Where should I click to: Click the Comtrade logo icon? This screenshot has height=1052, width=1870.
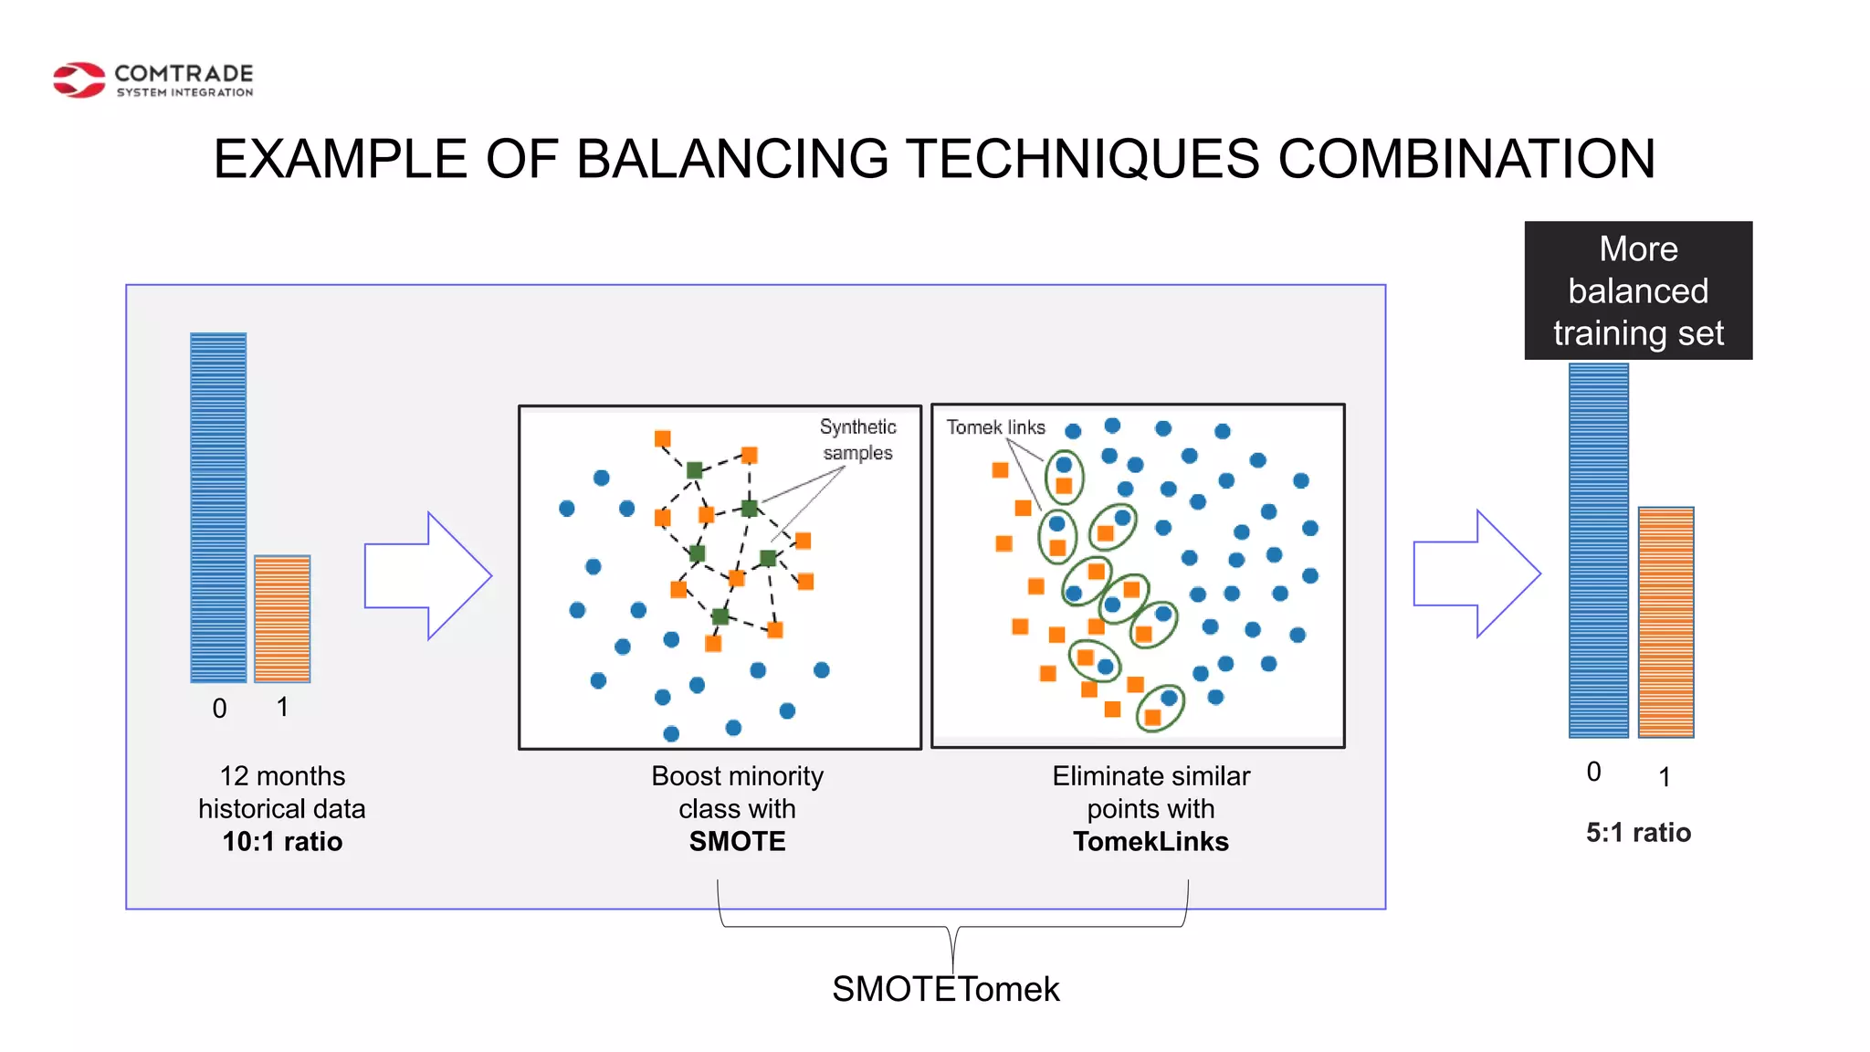pyautogui.click(x=79, y=80)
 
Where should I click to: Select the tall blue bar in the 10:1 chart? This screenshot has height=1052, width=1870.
pyautogui.click(x=218, y=507)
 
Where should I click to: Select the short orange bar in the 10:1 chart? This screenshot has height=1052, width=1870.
pyautogui.click(x=282, y=618)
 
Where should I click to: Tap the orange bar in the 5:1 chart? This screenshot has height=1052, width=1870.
pyautogui.click(x=1665, y=622)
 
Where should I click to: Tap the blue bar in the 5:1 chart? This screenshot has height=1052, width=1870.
pyautogui.click(x=1598, y=550)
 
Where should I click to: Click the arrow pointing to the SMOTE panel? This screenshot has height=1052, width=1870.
pyautogui.click(x=427, y=575)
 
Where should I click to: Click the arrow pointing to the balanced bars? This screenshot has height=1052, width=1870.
pyautogui.click(x=1476, y=573)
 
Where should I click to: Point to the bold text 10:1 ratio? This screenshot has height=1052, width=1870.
pyautogui.click(x=282, y=841)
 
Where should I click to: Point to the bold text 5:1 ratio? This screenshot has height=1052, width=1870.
pyautogui.click(x=1638, y=833)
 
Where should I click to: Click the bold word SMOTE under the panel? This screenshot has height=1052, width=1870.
pyautogui.click(x=737, y=841)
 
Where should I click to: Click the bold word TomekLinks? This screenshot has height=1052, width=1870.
pyautogui.click(x=1150, y=841)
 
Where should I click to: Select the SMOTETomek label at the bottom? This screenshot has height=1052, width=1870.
pyautogui.click(x=945, y=989)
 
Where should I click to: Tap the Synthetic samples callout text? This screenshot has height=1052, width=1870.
pyautogui.click(x=857, y=439)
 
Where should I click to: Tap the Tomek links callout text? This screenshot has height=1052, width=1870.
pyautogui.click(x=995, y=427)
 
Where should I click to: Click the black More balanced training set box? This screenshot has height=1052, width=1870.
pyautogui.click(x=1638, y=290)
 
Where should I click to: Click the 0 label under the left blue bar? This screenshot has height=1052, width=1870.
pyautogui.click(x=219, y=709)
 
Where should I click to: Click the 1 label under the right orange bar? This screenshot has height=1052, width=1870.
pyautogui.click(x=1665, y=777)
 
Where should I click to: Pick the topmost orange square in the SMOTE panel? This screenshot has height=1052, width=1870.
pyautogui.click(x=663, y=438)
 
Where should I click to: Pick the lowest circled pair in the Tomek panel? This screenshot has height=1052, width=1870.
pyautogui.click(x=1160, y=708)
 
